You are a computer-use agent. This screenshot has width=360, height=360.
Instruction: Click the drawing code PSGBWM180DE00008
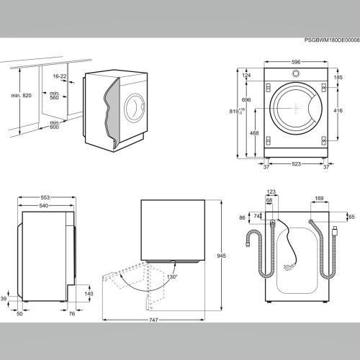332,40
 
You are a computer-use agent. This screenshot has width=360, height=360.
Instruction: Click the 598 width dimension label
296,62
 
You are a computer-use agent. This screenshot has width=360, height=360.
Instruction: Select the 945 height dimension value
221,256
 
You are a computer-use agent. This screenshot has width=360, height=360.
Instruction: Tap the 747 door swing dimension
153,320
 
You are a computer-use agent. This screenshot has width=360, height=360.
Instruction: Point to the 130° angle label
172,276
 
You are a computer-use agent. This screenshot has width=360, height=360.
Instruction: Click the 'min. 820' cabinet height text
21,96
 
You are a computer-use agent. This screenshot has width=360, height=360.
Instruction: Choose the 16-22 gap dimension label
60,76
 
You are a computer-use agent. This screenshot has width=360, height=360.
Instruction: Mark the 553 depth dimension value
45,197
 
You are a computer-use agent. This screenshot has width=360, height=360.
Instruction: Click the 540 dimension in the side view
43,206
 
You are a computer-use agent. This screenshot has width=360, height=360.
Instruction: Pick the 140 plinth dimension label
89,294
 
